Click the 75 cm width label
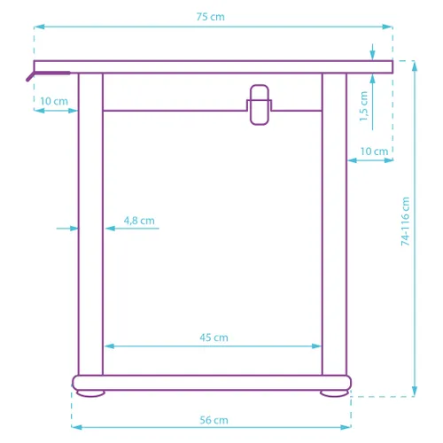tap(210, 17)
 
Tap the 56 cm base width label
tap(214, 420)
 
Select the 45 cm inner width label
tap(214, 338)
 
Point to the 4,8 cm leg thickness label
tap(139, 221)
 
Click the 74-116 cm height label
tap(405, 221)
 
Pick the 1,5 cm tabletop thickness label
tap(363, 106)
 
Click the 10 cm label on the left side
tap(54, 101)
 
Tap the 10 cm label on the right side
tap(374, 152)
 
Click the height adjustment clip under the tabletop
tap(260, 105)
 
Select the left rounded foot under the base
tap(90, 393)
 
